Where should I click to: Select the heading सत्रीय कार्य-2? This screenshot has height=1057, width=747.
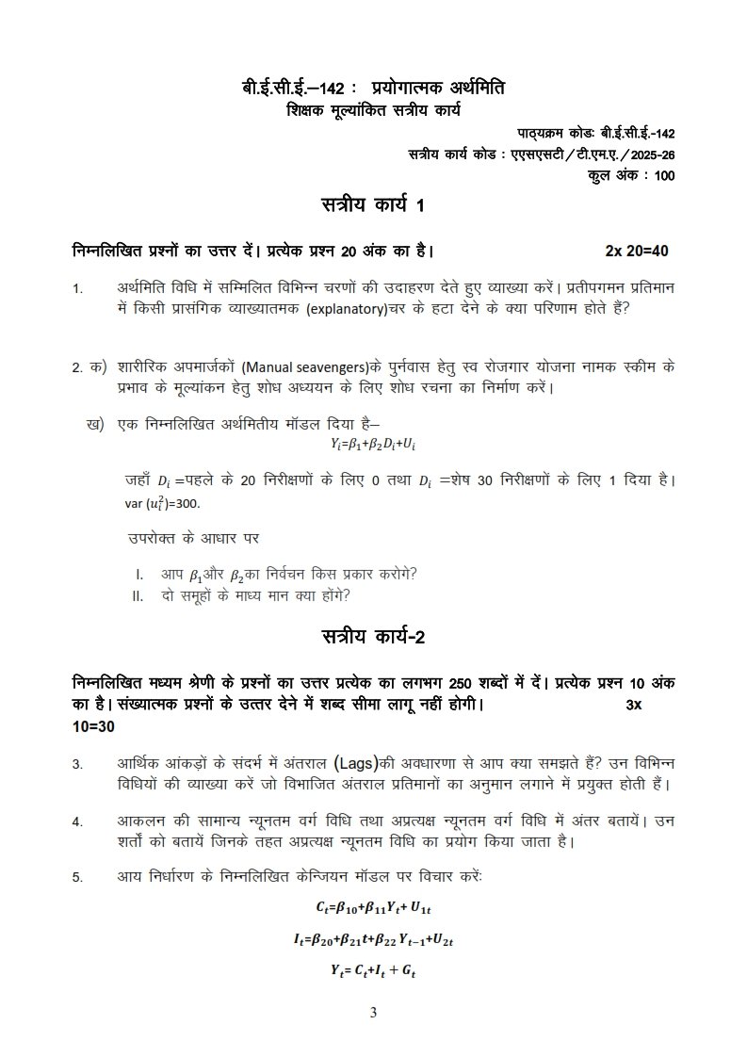click(x=373, y=638)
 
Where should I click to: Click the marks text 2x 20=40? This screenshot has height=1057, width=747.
click(x=637, y=251)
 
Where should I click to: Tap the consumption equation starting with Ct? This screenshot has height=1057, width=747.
click(x=374, y=907)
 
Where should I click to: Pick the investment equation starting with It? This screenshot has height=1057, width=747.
click(x=374, y=938)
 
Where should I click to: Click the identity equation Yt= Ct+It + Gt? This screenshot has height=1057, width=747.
click(x=374, y=968)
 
